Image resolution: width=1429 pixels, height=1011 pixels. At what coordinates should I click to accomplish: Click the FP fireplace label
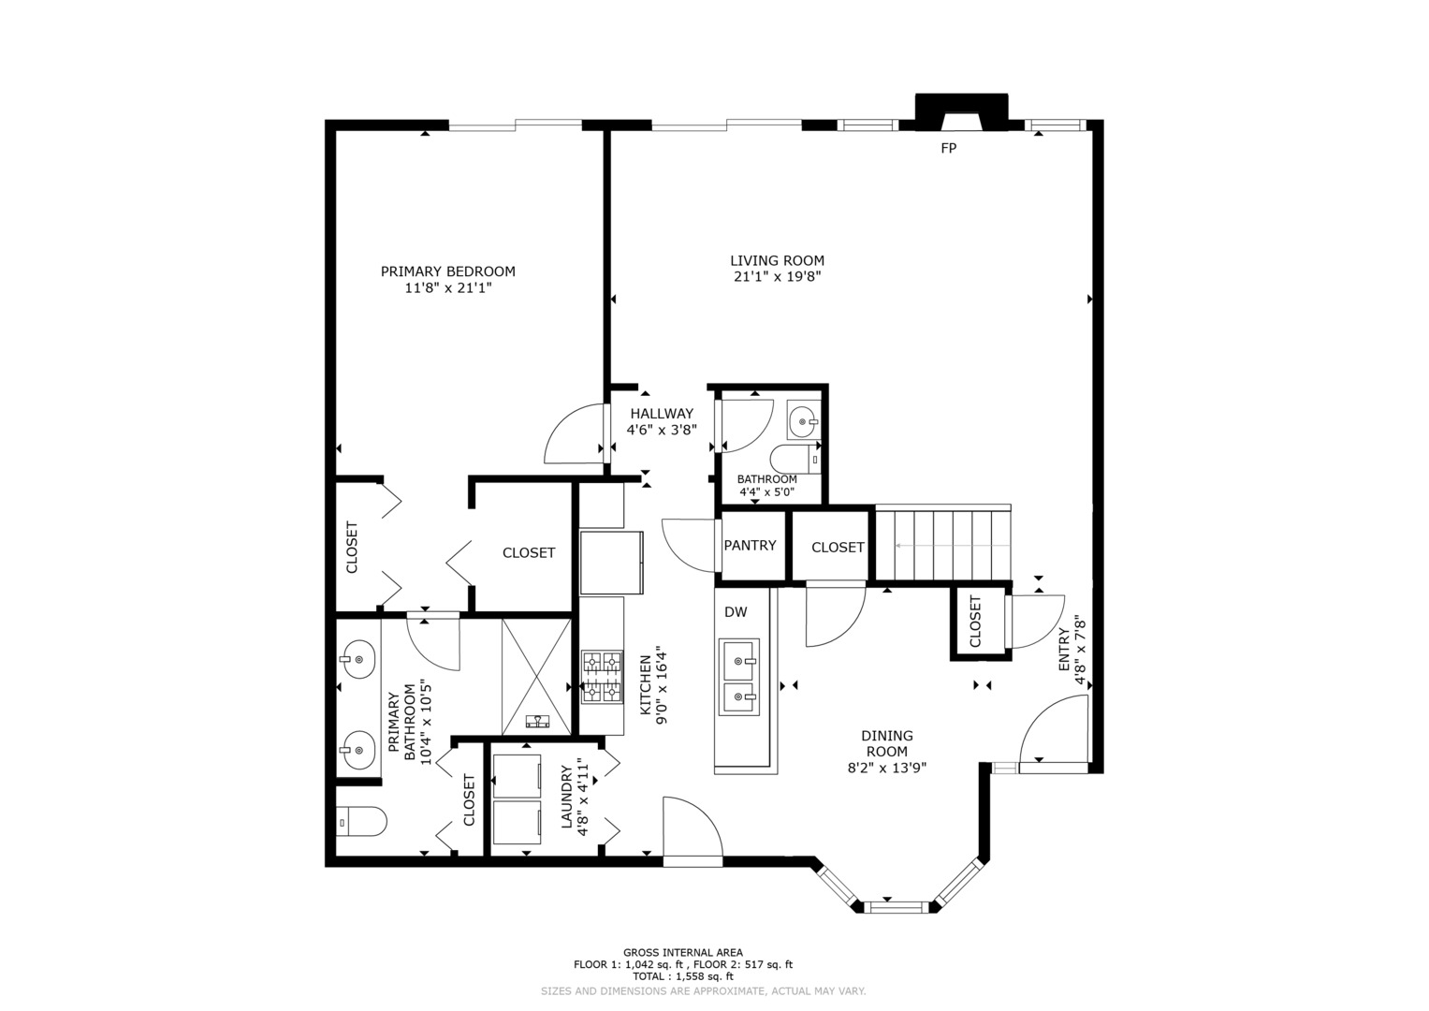[x=949, y=148]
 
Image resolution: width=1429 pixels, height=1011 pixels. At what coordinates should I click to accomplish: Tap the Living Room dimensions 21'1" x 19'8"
[x=777, y=277]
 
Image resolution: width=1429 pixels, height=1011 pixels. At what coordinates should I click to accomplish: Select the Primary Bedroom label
[x=448, y=271]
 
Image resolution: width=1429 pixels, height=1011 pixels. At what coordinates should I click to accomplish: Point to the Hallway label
[x=662, y=414]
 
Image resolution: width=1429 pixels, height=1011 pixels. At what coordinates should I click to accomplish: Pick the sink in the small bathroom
[x=803, y=420]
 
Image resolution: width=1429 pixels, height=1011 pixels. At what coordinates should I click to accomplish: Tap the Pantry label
[x=750, y=546]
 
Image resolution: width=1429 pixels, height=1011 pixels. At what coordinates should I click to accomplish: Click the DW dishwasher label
[x=736, y=612]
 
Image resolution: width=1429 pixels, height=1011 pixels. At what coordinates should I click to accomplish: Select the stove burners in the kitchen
[x=602, y=677]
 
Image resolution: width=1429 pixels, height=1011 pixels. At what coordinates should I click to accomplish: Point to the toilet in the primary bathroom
[x=362, y=821]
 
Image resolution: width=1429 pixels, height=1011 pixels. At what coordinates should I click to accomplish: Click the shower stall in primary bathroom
[x=536, y=677]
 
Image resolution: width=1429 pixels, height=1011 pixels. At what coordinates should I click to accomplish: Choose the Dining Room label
[x=887, y=743]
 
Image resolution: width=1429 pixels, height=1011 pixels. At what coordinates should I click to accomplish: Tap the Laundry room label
[x=566, y=798]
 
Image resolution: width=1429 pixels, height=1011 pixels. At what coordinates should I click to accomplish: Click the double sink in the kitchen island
[x=739, y=677]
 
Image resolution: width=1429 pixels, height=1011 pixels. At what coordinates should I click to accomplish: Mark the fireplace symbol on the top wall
[x=961, y=113]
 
